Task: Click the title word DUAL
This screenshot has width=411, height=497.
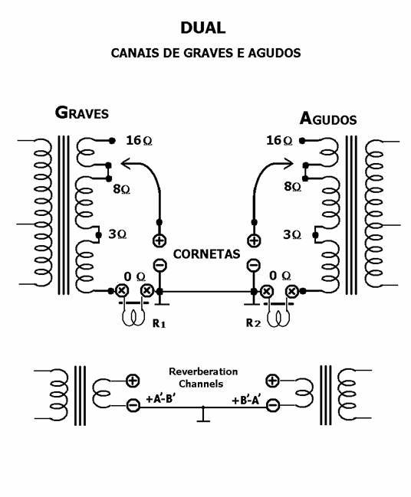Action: pos(202,28)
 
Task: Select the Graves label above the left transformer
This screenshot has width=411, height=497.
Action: pos(81,113)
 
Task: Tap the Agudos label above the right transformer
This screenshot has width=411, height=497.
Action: pos(328,119)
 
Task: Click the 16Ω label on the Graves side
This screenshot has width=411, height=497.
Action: pos(139,140)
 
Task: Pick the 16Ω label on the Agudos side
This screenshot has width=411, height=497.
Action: pos(279,140)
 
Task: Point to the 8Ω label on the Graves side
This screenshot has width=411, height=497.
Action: pos(122,189)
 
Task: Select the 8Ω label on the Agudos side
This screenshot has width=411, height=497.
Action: pos(292,186)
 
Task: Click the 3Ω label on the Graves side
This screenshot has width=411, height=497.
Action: pos(117,234)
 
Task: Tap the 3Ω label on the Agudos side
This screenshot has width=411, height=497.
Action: pos(292,234)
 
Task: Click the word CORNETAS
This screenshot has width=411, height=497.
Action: pos(206,254)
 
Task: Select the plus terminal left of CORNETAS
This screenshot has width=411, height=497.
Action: pos(159,240)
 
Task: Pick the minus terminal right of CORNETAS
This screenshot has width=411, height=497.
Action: pos(254,265)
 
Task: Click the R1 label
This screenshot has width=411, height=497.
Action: pos(159,323)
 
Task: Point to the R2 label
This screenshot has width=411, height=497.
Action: pos(253,322)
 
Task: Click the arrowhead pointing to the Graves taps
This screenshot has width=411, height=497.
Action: pos(126,164)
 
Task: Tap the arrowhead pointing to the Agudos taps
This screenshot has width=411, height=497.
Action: pos(288,164)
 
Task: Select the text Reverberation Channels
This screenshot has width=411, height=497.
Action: pos(202,378)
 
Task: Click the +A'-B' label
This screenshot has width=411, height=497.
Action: pos(161,399)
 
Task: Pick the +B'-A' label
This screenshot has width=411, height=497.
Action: pos(247,401)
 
